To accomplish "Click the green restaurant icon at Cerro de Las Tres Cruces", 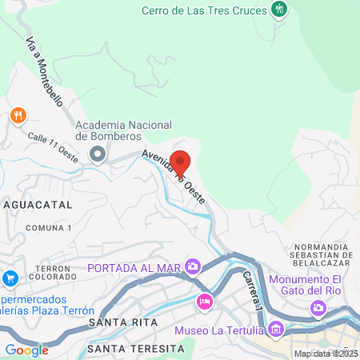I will coord(279,10).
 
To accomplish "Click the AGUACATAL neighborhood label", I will coord(37,205).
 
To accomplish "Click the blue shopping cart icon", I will coord(10,278).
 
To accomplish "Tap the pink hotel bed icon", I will coord(204,302).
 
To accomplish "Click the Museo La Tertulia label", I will coord(218,329).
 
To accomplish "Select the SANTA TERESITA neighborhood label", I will coord(130,349).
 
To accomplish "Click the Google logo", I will coord(26,350).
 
